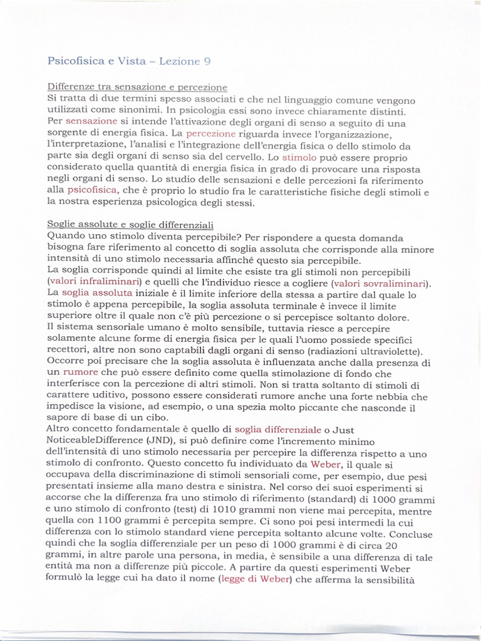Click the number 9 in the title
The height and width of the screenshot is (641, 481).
207,61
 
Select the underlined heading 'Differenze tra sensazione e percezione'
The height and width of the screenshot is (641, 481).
137,87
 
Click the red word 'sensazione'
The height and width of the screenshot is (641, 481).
91,121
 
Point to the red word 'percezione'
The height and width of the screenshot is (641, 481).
211,133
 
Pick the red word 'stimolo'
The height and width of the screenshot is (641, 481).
299,157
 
